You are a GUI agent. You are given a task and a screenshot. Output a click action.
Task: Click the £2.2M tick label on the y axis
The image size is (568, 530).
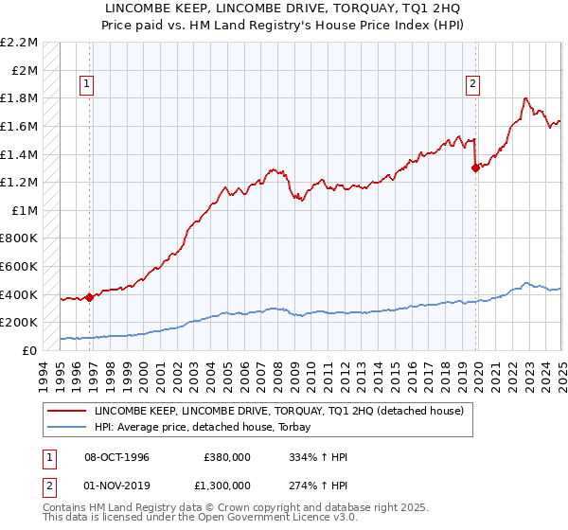pos(19,43)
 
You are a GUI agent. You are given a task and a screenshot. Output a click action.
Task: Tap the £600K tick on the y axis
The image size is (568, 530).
pos(19,266)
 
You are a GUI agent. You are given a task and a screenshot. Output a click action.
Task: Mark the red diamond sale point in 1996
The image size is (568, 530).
pos(90,297)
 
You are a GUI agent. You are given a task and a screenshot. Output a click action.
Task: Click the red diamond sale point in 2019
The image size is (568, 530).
pos(475,168)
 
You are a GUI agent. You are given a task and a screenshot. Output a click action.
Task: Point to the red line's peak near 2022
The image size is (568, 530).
pos(526,97)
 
